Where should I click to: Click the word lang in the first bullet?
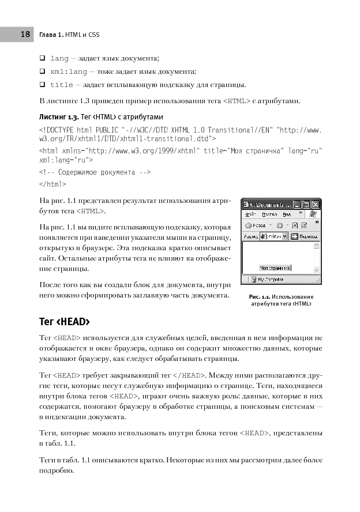pos(59,58)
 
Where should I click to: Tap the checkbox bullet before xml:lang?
pos(43,71)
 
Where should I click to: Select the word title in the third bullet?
pos(62,85)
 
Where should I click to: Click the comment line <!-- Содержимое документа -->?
pos(95,172)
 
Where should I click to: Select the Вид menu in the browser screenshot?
pos(286,213)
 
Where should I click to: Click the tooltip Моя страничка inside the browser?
pos(275,268)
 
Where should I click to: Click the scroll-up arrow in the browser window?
pos(317,246)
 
